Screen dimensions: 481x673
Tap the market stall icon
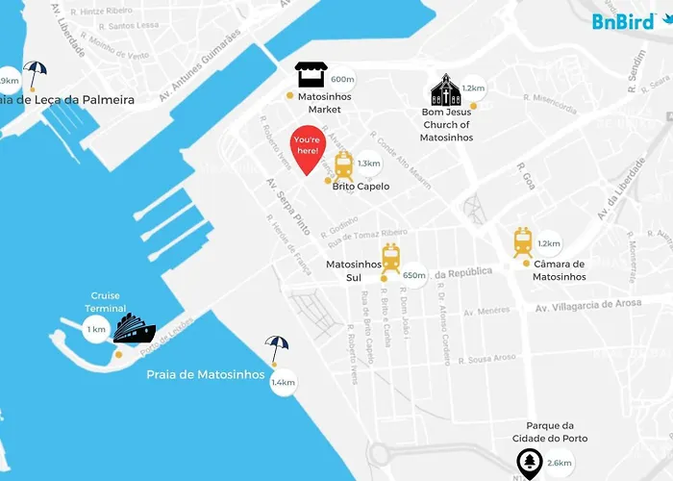[x=311, y=76]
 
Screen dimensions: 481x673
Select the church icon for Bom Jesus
[x=445, y=90]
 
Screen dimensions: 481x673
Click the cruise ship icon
[x=134, y=330]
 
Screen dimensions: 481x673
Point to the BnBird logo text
[x=617, y=19]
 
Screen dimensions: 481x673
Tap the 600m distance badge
[x=342, y=80]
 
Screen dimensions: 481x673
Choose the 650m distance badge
[x=414, y=275]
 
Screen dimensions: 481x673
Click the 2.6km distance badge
[x=559, y=463]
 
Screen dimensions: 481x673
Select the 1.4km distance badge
[x=283, y=383]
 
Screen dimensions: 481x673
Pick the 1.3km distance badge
[x=368, y=164]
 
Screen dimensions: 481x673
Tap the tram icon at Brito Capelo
[x=342, y=167]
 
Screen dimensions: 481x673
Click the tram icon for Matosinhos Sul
[x=390, y=258]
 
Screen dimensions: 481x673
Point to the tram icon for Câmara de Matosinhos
[x=522, y=241]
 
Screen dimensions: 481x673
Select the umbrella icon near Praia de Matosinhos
[x=277, y=348]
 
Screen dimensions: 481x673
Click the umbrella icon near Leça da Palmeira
[x=36, y=72]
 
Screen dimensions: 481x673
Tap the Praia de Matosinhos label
[x=205, y=375]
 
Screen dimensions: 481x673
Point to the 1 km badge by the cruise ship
[x=96, y=330]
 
